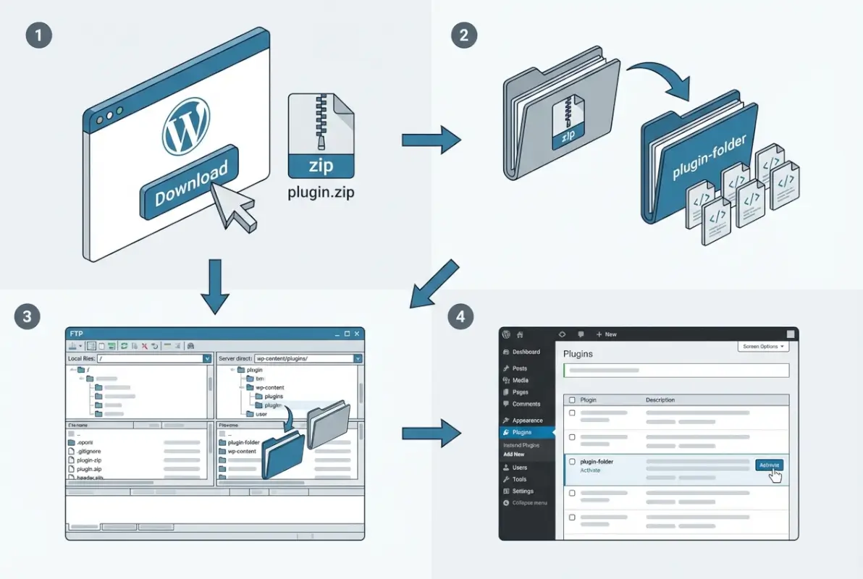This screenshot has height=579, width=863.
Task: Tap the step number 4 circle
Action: click(462, 316)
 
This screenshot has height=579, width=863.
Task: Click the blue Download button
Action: click(191, 185)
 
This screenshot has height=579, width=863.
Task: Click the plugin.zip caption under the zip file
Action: click(321, 194)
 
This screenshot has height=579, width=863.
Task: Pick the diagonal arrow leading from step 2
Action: click(434, 284)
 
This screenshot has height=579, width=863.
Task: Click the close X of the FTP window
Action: click(358, 334)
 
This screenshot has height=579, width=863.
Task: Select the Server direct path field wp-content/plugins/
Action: click(304, 358)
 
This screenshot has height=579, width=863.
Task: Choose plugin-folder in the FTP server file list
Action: click(243, 442)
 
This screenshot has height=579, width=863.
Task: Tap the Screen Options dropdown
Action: click(762, 347)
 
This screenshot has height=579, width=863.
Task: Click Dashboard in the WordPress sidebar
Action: click(526, 352)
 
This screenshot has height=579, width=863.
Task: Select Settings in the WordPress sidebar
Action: click(523, 491)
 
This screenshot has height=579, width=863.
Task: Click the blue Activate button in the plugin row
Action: click(769, 465)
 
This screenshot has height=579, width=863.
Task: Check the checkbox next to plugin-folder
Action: click(572, 461)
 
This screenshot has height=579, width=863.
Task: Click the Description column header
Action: click(660, 400)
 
